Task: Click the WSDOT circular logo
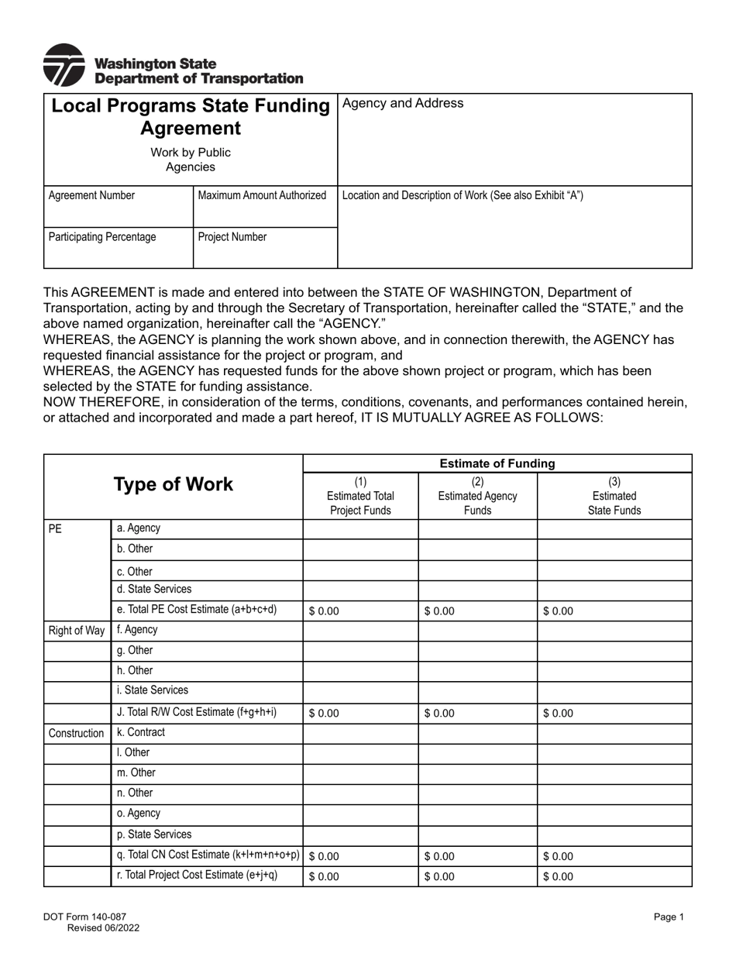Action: [x=64, y=65]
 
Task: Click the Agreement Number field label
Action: [x=91, y=196]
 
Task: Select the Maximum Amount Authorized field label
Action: [x=262, y=196]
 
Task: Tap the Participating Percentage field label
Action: [x=102, y=237]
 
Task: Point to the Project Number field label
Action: [x=232, y=237]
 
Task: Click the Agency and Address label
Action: [x=403, y=104]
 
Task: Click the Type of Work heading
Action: [x=173, y=485]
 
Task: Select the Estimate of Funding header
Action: [x=497, y=463]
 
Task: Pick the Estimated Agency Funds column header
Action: [x=477, y=496]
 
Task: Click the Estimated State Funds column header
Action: [x=614, y=496]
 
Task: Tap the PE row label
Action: [x=55, y=528]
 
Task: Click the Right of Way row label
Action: [x=77, y=631]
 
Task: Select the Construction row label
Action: [x=76, y=733]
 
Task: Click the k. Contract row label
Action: [x=141, y=732]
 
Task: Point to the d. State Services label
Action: [x=153, y=590]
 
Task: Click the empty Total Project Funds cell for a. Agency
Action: [x=360, y=529]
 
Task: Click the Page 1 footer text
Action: [x=669, y=917]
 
